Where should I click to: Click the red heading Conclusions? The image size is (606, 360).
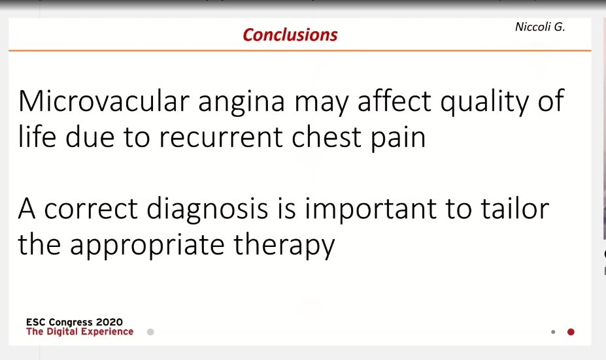click(290, 35)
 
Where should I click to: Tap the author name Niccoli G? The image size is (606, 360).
click(540, 27)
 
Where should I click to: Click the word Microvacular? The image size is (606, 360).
click(104, 101)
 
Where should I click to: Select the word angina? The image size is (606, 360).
click(241, 103)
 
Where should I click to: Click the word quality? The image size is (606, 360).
click(484, 102)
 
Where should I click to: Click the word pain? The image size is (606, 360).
click(398, 139)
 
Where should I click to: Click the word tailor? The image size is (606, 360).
click(514, 208)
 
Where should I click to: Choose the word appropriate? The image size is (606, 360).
click(147, 246)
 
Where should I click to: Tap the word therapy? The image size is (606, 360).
click(284, 246)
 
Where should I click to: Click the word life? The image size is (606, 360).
click(37, 137)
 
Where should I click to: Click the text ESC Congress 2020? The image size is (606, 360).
click(75, 321)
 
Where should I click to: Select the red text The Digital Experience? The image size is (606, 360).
click(80, 331)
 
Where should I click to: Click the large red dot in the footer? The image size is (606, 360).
click(571, 332)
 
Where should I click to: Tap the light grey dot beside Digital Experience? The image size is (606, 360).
click(150, 332)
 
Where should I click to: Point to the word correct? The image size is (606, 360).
click(91, 209)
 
